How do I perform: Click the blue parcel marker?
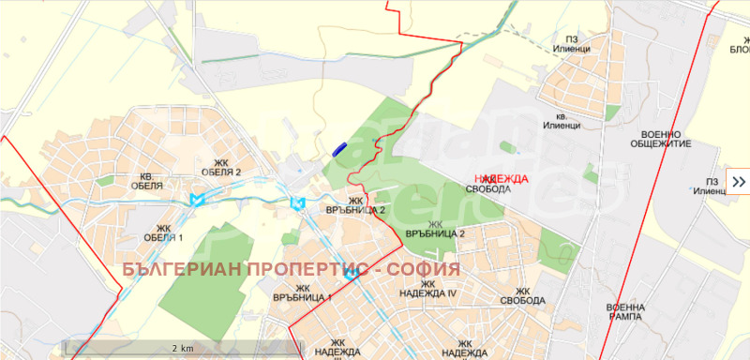pyautogui.click(x=339, y=147)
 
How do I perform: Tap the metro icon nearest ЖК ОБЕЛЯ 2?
pyautogui.click(x=196, y=200)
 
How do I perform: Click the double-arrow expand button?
pyautogui.click(x=738, y=182)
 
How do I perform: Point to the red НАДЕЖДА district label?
pyautogui.click(x=502, y=178)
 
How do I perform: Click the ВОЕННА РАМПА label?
pyautogui.click(x=625, y=312)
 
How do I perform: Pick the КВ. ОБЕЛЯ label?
pyautogui.click(x=152, y=181)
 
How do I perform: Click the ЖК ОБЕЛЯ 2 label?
pyautogui.click(x=221, y=167)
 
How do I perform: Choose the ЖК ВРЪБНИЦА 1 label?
pyautogui.click(x=302, y=292)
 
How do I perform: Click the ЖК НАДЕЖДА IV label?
pyautogui.click(x=438, y=288)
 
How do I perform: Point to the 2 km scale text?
pyautogui.click(x=182, y=348)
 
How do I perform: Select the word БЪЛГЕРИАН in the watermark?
pyautogui.click(x=179, y=269)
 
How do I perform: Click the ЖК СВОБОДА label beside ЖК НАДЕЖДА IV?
pyautogui.click(x=522, y=295)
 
